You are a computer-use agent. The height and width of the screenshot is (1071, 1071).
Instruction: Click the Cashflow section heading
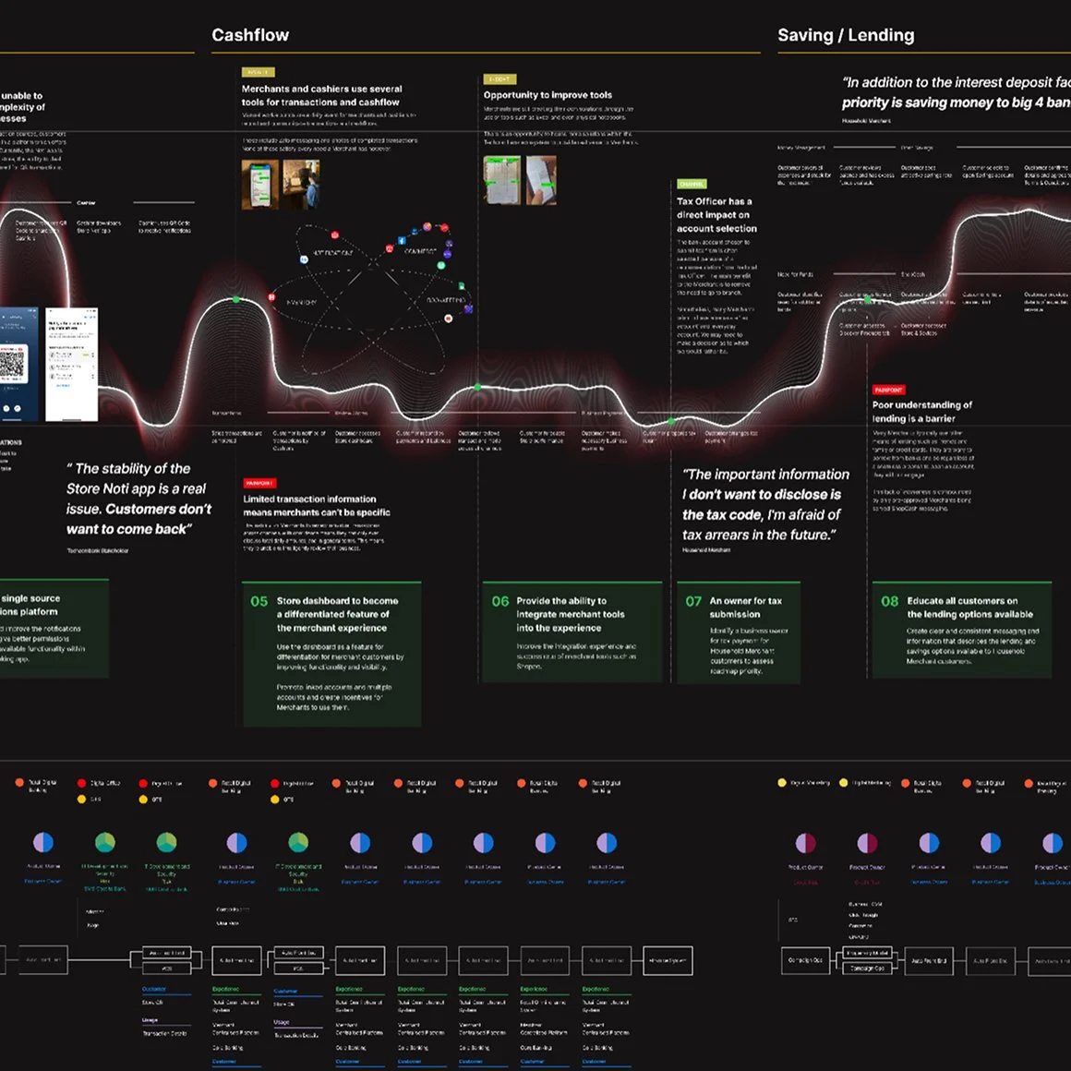tap(250, 35)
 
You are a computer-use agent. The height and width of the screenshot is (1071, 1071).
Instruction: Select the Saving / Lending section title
tap(846, 35)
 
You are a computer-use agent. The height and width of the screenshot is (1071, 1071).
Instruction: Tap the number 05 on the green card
tap(259, 601)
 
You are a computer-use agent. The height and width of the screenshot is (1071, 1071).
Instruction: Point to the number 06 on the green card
tap(499, 601)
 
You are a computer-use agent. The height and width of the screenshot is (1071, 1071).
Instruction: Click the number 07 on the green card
tap(693, 601)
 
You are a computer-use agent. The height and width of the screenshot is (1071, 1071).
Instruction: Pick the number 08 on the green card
tap(889, 601)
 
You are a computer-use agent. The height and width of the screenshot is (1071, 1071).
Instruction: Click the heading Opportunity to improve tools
tap(548, 95)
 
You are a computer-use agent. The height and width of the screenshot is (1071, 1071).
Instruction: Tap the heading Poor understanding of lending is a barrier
tap(921, 412)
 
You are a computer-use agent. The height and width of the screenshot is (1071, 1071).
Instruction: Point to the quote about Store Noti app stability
tap(138, 499)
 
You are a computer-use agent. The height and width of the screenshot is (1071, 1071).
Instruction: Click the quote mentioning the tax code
tap(765, 504)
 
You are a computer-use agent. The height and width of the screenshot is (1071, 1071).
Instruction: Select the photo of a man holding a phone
tap(301, 184)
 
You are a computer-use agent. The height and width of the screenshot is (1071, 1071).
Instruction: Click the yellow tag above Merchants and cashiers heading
tap(258, 72)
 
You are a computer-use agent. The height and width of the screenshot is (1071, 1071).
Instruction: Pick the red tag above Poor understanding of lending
tap(888, 390)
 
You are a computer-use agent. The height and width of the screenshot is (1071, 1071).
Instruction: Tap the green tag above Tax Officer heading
tap(692, 184)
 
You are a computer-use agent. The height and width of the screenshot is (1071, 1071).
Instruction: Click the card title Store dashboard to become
tap(337, 614)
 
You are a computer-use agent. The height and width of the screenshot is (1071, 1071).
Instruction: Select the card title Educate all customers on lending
tap(969, 608)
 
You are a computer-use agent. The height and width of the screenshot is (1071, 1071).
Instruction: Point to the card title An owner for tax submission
tap(745, 608)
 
